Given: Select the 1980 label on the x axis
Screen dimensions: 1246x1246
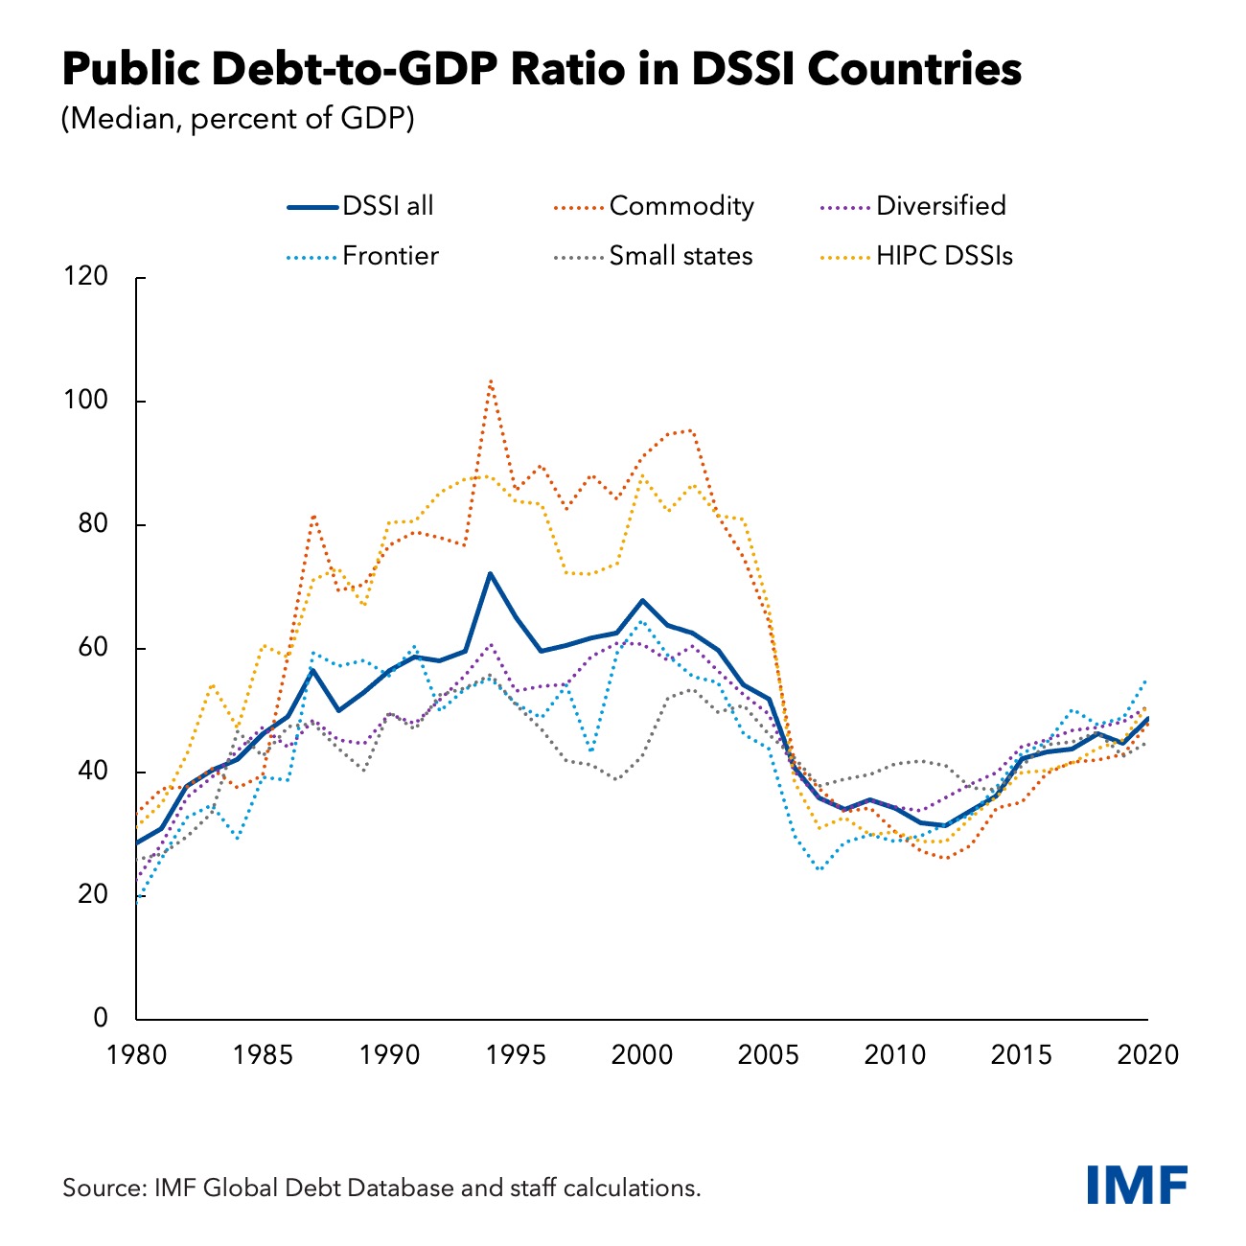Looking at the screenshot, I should (136, 1055).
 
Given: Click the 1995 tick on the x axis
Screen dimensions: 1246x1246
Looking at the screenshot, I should (516, 1055).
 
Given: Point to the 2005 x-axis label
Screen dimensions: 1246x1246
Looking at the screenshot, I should (769, 1055).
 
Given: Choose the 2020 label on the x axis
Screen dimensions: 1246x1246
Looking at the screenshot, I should (1147, 1055).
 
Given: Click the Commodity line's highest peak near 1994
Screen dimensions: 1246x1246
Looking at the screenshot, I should (491, 381).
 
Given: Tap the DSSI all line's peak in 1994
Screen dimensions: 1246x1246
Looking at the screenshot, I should (491, 573).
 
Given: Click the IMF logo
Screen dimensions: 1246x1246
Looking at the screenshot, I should (1138, 1185).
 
